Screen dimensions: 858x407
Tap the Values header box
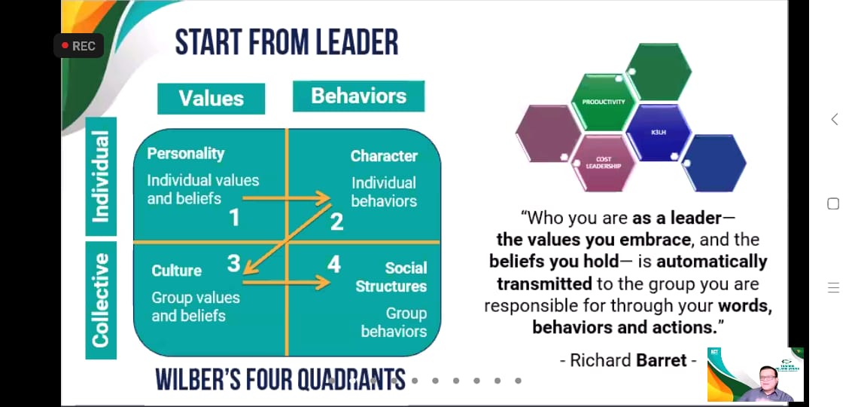211,99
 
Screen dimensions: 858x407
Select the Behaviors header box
359,96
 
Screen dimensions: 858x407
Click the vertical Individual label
102,176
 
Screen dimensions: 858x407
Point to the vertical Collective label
102,300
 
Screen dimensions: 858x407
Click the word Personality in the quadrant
185,154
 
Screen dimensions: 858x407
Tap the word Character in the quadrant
384,156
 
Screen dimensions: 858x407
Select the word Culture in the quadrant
176,271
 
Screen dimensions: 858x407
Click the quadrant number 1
234,218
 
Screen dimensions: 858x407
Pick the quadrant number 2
337,222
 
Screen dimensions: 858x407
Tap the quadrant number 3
233,264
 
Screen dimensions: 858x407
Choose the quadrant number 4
333,265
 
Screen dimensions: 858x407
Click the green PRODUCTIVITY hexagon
604,102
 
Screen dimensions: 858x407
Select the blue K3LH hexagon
659,133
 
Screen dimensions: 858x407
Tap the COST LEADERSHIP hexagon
604,164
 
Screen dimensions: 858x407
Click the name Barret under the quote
661,360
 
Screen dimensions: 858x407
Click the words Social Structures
391,277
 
